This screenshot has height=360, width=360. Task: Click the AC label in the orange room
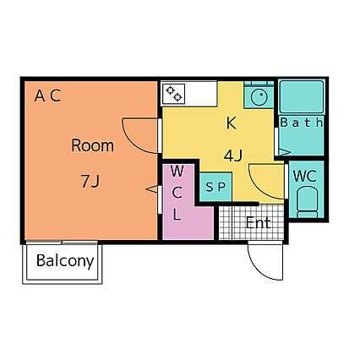coord(47,95)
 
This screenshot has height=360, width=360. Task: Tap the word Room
coord(92,145)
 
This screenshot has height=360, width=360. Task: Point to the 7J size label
coord(90,181)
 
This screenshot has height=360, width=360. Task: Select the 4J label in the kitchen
coord(233,155)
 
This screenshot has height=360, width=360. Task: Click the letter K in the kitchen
coord(232,123)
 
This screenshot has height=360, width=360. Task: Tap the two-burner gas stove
coord(173,94)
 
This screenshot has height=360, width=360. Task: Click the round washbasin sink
coord(259,97)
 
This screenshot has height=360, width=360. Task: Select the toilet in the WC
coord(307,202)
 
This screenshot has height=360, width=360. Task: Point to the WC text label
coord(304,176)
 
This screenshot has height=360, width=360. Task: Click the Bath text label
coord(302,123)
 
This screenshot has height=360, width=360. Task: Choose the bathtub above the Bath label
coord(302,96)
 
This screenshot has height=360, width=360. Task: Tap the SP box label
coord(215,187)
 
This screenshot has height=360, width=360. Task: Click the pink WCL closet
coord(183,202)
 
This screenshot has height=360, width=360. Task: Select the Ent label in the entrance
coord(259,223)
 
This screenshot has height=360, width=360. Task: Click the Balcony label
coord(65,261)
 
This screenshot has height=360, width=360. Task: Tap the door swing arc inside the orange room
coord(133,142)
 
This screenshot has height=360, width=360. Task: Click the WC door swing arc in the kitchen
coord(259,188)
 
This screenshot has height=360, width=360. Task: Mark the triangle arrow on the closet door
coord(151,189)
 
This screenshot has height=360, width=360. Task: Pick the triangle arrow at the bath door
coord(284,152)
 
